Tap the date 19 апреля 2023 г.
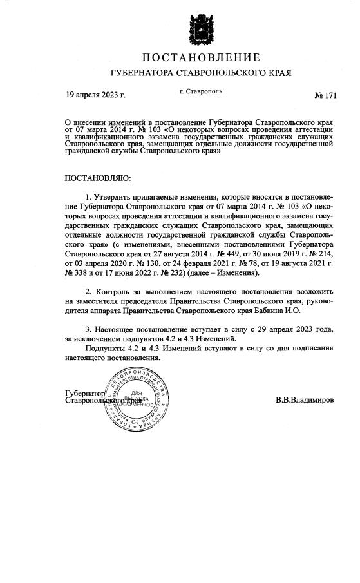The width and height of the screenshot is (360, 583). point(96,95)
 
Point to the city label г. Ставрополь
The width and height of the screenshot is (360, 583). point(201,91)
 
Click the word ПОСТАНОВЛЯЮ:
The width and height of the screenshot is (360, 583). point(99,176)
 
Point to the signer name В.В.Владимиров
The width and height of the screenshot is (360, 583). point(304,399)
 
